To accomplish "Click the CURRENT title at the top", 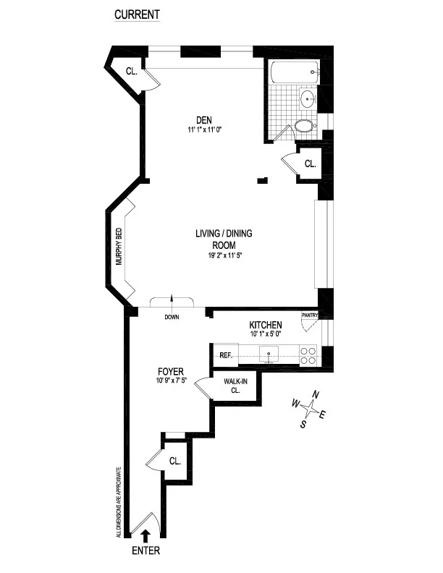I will pyautogui.click(x=138, y=14).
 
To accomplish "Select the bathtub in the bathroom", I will pyautogui.click(x=293, y=73).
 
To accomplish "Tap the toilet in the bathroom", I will pyautogui.click(x=304, y=127).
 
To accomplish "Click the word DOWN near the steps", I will pyautogui.click(x=172, y=317).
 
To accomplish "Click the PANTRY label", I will pyautogui.click(x=310, y=315).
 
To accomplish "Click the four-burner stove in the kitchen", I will pyautogui.click(x=308, y=355).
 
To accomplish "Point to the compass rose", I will pyautogui.click(x=310, y=409).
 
